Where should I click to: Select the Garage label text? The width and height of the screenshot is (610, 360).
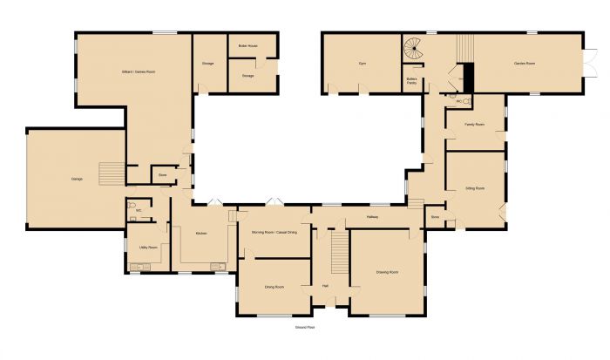[77, 180]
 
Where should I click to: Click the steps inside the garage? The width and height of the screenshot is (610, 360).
[110, 174]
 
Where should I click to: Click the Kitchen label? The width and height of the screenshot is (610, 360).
[200, 234]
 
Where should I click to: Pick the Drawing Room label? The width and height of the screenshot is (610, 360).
[388, 273]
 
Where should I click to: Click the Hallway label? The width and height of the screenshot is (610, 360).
[372, 216]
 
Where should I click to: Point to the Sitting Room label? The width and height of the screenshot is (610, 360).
[475, 187]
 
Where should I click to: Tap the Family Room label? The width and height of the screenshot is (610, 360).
[474, 125]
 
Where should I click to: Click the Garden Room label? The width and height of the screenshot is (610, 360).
[524, 64]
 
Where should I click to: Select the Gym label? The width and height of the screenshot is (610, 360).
[361, 64]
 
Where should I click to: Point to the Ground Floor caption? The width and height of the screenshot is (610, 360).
[304, 328]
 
